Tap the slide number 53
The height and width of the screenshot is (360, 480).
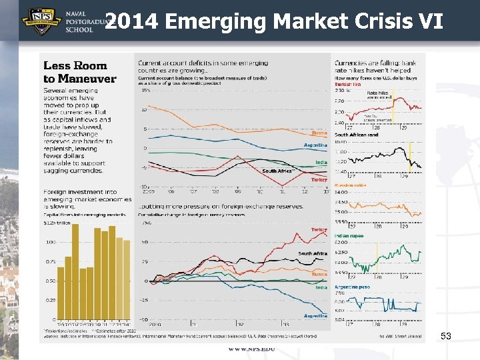coord(446,337)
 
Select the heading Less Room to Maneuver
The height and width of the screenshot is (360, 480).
coord(79,72)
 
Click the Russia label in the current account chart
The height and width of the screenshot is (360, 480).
coord(319,133)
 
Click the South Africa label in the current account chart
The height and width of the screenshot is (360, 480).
coord(277,171)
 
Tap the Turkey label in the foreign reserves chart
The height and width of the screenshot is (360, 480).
coord(319,229)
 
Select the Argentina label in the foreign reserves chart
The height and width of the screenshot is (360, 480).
coord(315,315)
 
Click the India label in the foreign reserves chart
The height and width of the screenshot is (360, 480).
coord(321,287)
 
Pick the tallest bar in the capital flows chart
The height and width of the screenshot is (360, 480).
coord(75,271)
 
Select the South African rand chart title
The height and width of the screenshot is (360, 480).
coord(356,135)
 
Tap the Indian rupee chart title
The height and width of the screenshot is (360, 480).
coord(349,236)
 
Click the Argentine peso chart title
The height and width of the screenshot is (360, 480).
coord(352,287)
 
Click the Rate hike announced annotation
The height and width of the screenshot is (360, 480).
coord(378,95)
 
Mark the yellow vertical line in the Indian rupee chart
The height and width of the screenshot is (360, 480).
coord(377,253)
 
